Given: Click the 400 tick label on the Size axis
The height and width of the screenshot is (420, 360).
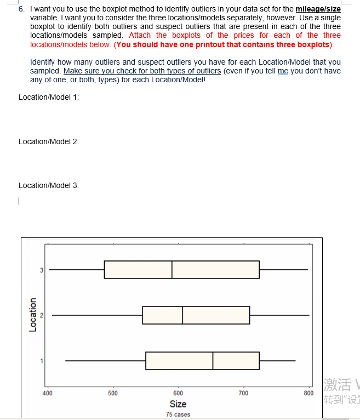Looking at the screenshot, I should (47, 393).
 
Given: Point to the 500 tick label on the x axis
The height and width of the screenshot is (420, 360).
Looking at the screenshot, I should (112, 393).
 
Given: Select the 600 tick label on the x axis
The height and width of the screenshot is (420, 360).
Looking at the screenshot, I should (178, 393).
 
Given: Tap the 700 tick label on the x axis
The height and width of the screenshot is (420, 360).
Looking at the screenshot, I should (243, 393).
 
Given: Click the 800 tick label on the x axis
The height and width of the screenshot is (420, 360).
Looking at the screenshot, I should (308, 393).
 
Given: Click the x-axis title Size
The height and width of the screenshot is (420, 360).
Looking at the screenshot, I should (178, 404).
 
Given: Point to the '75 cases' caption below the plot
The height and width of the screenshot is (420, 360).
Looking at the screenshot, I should (178, 415).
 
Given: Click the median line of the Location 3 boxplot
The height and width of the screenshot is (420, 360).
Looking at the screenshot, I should (172, 270).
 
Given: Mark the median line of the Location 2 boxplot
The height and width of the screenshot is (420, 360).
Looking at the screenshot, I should (182, 315).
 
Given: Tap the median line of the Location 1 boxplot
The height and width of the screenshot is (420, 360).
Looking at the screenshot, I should (213, 361).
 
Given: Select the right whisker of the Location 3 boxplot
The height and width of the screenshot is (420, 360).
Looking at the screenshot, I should (283, 270).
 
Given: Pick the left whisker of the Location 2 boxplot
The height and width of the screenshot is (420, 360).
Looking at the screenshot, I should (97, 315).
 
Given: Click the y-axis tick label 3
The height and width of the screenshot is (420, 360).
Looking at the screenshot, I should (41, 270).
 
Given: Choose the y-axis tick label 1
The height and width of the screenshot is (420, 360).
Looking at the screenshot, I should (41, 361).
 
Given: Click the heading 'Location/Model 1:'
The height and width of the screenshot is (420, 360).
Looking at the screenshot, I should (49, 97).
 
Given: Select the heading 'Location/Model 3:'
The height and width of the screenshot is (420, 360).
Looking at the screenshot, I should (49, 185).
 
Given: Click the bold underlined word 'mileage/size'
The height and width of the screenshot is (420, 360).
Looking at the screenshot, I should (318, 9).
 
